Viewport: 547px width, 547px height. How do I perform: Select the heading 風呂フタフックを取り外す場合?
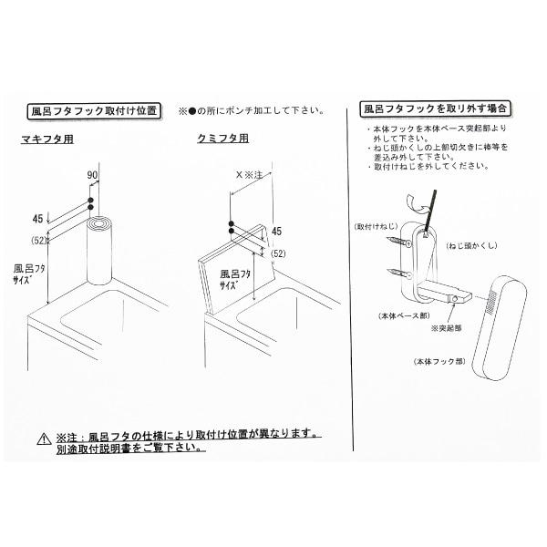click(x=436, y=108)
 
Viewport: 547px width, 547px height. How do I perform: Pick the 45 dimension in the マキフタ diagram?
click(x=37, y=218)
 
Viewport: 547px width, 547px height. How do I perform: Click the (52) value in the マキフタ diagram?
click(x=38, y=240)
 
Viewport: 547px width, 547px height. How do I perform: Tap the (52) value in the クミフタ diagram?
click(x=279, y=253)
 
